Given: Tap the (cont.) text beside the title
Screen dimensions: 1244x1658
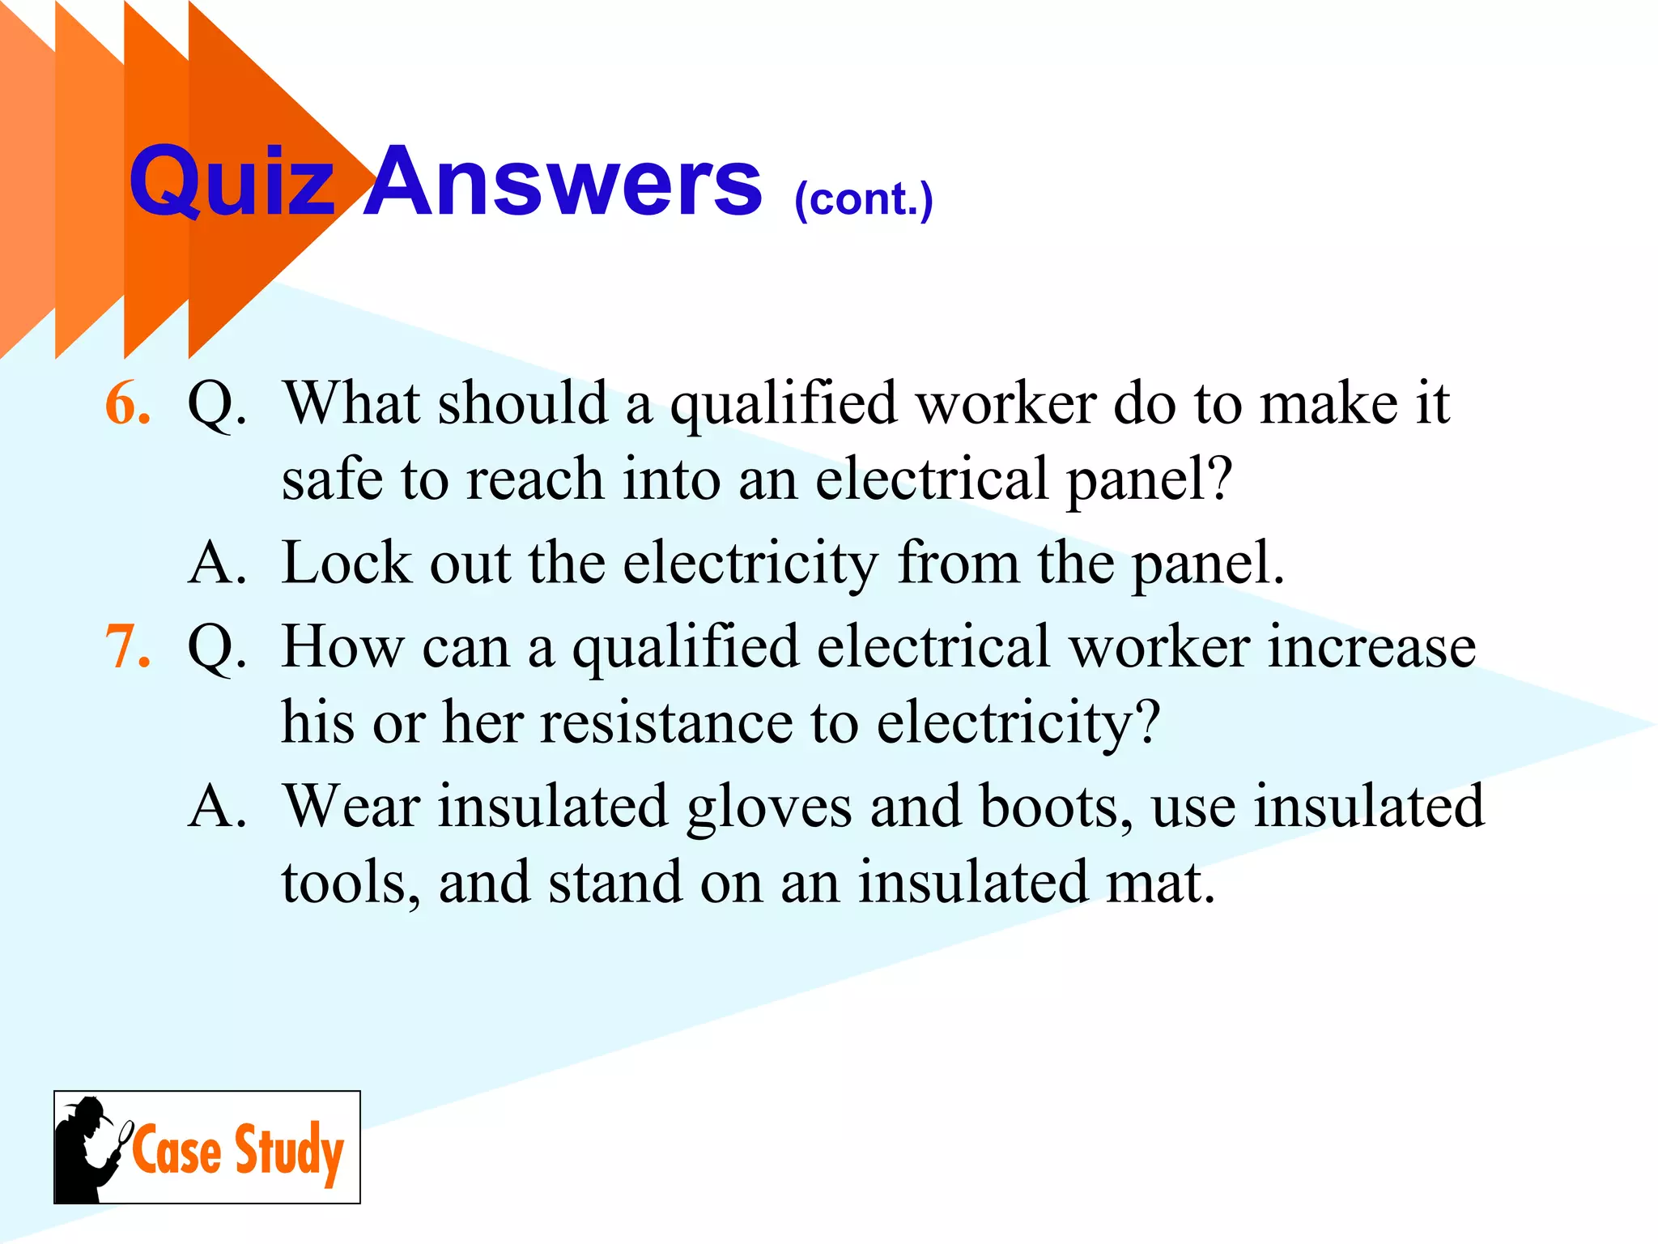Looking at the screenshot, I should (x=863, y=199).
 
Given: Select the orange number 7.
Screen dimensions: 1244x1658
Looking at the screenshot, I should (x=128, y=648).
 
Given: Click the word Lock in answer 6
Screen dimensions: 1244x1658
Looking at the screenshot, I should (x=346, y=562).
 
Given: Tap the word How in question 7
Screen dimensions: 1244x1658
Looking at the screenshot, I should (x=342, y=648).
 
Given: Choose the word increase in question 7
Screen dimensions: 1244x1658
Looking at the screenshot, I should (x=1371, y=648).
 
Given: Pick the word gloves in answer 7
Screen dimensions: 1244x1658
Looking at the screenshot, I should (x=768, y=808).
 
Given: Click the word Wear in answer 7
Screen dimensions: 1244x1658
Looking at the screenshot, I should (x=351, y=807).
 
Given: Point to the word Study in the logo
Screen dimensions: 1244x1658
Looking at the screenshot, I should (x=289, y=1151).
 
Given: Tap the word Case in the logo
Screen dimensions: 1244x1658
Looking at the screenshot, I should (x=177, y=1149).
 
